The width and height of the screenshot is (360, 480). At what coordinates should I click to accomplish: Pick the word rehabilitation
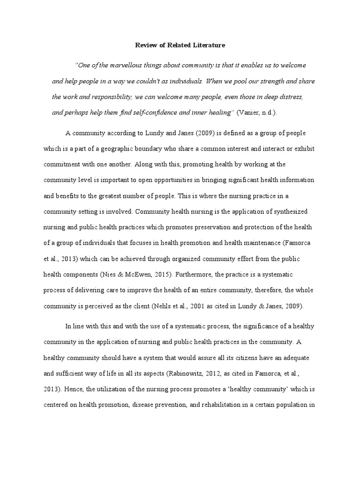pos(224,404)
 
